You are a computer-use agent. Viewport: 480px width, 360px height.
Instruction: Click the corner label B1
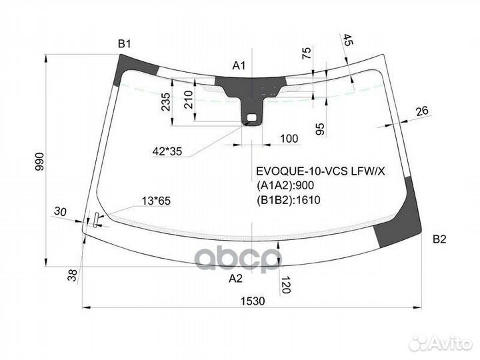pyautogui.click(x=124, y=44)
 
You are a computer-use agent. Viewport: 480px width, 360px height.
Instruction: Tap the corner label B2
pyautogui.click(x=439, y=239)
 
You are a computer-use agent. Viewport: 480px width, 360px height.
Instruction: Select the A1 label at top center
pyautogui.click(x=239, y=65)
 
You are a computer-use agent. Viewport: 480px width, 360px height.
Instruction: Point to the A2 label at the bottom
pyautogui.click(x=235, y=278)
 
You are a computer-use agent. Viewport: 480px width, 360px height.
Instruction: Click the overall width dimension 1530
pyautogui.click(x=253, y=301)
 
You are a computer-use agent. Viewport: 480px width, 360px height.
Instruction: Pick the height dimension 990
pyautogui.click(x=40, y=161)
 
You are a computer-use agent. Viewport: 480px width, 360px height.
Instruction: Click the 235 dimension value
pyautogui.click(x=165, y=102)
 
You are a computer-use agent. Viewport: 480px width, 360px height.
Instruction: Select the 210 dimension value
pyautogui.click(x=189, y=100)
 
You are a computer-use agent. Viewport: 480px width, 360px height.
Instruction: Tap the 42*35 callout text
pyautogui.click(x=167, y=151)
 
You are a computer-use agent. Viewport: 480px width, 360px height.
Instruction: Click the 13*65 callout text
pyautogui.click(x=156, y=201)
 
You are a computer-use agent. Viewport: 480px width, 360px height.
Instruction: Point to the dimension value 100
pyautogui.click(x=289, y=139)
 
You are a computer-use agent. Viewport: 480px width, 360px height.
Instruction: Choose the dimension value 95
pyautogui.click(x=320, y=129)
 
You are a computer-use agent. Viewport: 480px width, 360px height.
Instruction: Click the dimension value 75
pyautogui.click(x=307, y=53)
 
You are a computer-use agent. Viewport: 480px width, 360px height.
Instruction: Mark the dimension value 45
pyautogui.click(x=347, y=40)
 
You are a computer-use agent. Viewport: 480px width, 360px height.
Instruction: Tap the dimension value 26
pyautogui.click(x=423, y=111)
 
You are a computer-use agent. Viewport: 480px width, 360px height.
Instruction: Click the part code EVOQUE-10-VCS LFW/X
pyautogui.click(x=321, y=171)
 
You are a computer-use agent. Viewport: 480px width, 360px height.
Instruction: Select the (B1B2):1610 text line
pyautogui.click(x=289, y=200)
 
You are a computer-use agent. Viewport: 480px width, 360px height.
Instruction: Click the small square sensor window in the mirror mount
pyautogui.click(x=251, y=117)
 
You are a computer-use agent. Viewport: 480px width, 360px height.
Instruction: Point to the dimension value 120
pyautogui.click(x=285, y=285)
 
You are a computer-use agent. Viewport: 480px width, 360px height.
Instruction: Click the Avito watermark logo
pyautogui.click(x=441, y=343)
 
